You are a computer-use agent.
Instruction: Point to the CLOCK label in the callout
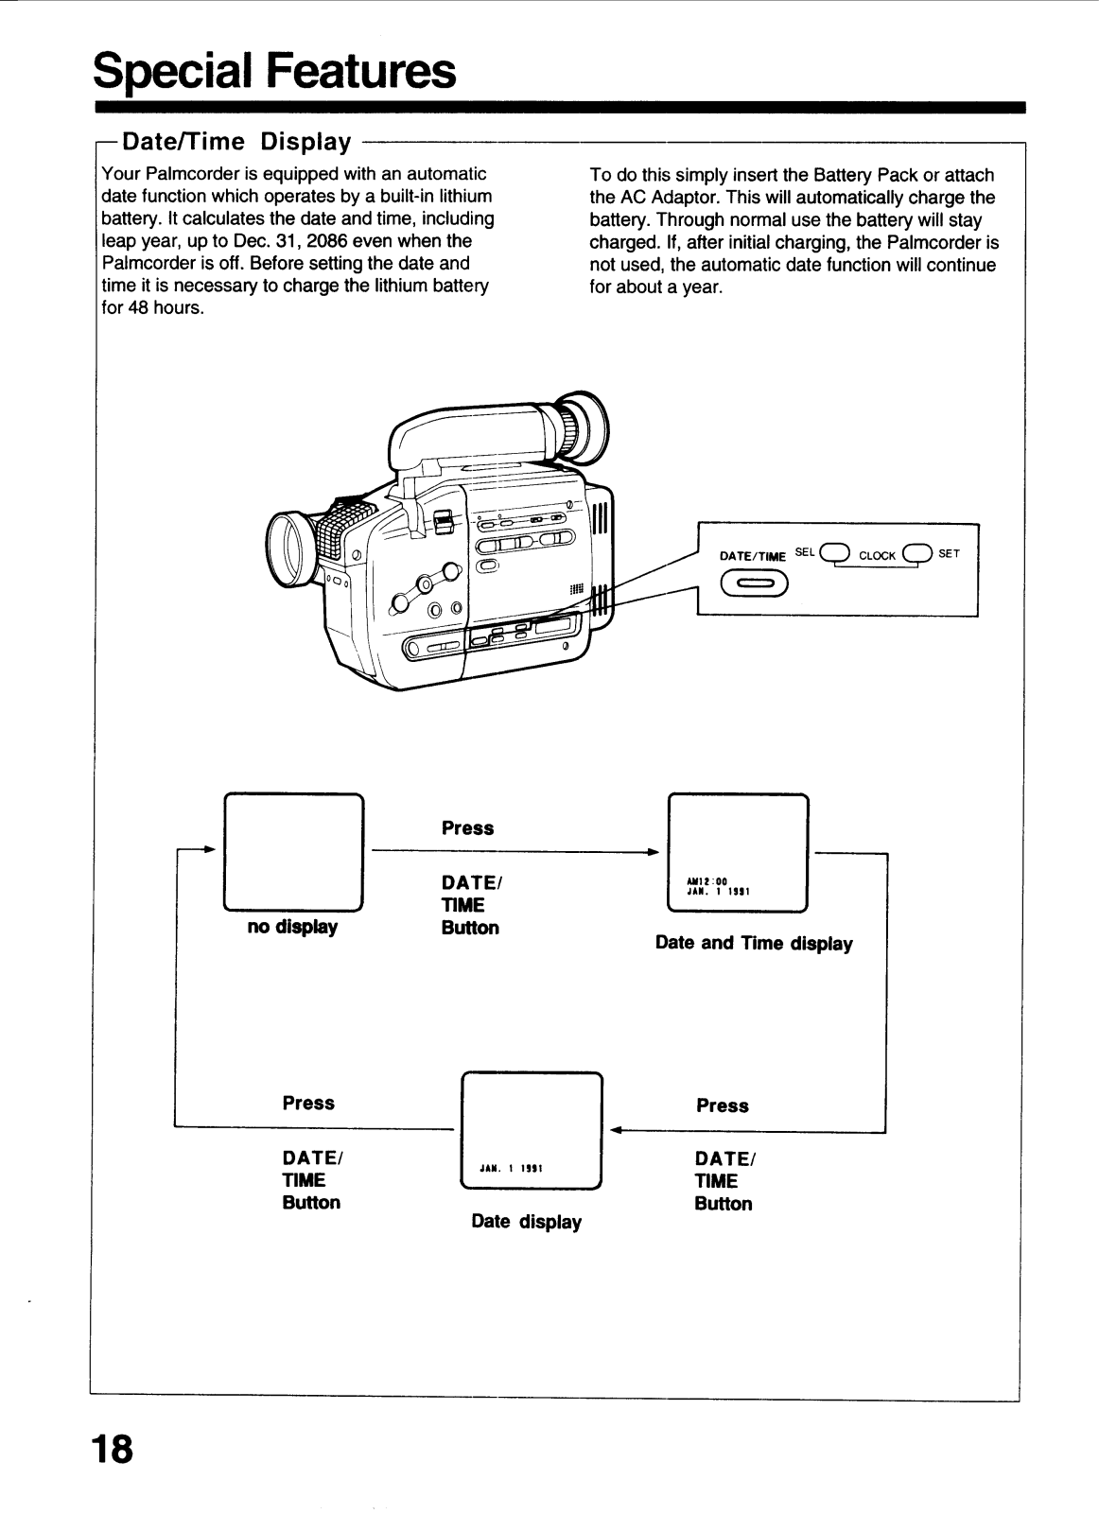(877, 556)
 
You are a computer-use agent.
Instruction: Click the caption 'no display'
(292, 928)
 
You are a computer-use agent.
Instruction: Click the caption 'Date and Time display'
(754, 944)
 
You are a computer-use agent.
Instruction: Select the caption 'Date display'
(526, 1222)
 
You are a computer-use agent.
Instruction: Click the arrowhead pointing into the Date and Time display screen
(653, 852)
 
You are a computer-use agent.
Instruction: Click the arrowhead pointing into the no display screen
(212, 848)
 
